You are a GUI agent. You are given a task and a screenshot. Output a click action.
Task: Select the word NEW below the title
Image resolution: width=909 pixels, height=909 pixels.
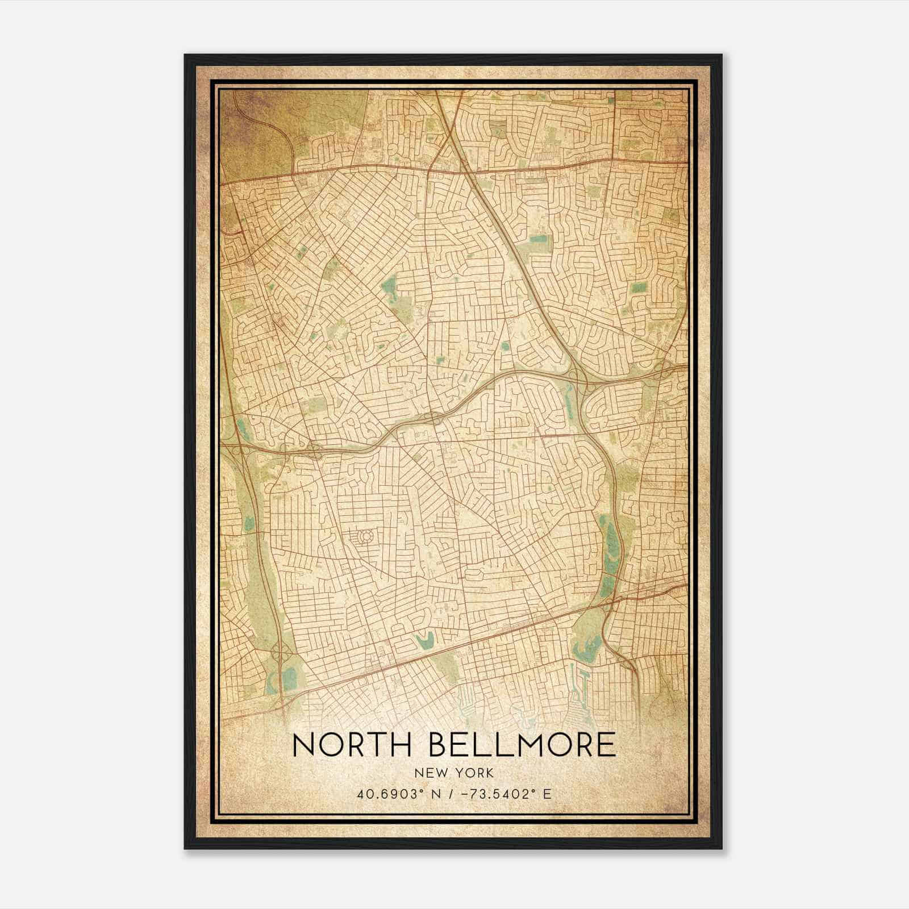(x=430, y=773)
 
